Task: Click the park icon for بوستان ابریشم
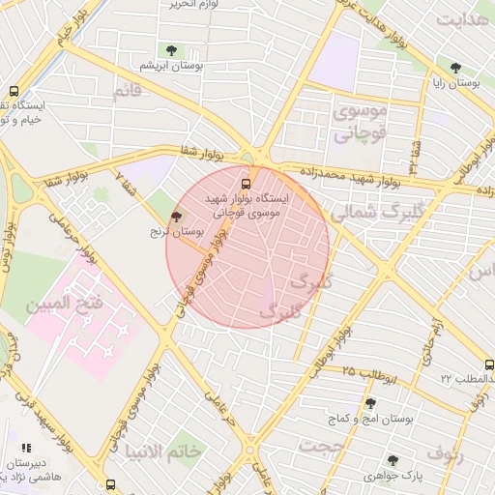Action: (171, 50)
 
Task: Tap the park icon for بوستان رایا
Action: (455, 69)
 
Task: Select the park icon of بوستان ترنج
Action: (175, 217)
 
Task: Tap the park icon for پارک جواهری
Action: (392, 461)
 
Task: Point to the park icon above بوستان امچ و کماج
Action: (370, 404)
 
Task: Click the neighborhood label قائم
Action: (127, 92)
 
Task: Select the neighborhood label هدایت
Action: (462, 19)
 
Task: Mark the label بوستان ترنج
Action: (172, 232)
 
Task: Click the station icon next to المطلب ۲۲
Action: (489, 365)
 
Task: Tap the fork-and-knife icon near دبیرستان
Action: (27, 448)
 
